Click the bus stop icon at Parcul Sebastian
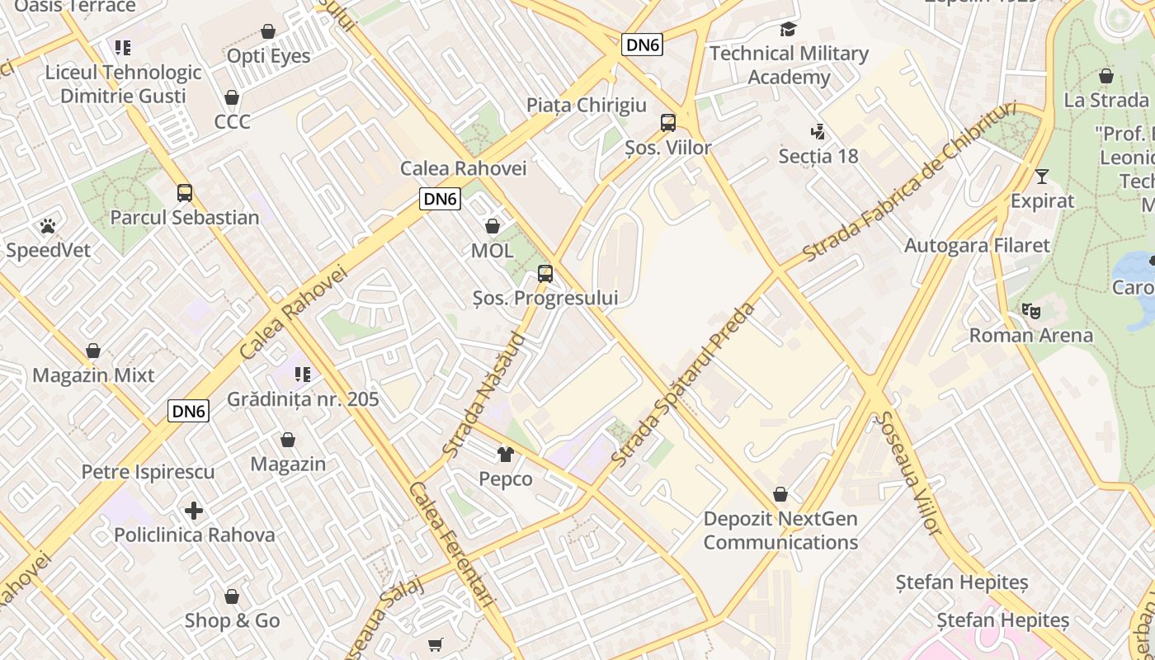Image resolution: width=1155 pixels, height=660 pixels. pyautogui.click(x=185, y=193)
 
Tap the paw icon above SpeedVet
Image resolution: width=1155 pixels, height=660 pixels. pyautogui.click(x=48, y=225)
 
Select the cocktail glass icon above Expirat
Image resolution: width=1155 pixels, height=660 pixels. pyautogui.click(x=1042, y=177)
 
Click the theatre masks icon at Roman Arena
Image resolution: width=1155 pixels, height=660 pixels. pyautogui.click(x=1030, y=311)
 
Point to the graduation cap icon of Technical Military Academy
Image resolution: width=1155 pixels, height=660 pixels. pyautogui.click(x=789, y=30)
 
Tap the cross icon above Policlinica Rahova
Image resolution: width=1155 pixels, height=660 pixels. pyautogui.click(x=194, y=511)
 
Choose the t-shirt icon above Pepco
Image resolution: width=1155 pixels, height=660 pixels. pyautogui.click(x=506, y=455)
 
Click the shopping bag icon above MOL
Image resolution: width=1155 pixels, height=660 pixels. pyautogui.click(x=493, y=226)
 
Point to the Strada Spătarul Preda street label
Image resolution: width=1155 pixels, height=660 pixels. pyautogui.click(x=684, y=384)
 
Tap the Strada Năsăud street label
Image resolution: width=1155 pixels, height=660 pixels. pyautogui.click(x=483, y=395)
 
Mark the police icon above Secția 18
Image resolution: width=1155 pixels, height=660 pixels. pyautogui.click(x=818, y=131)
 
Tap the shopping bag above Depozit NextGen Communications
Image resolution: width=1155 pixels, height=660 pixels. pyautogui.click(x=780, y=495)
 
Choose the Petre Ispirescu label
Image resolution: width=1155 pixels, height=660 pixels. pyautogui.click(x=148, y=472)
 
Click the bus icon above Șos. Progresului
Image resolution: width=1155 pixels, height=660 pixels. pyautogui.click(x=544, y=274)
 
